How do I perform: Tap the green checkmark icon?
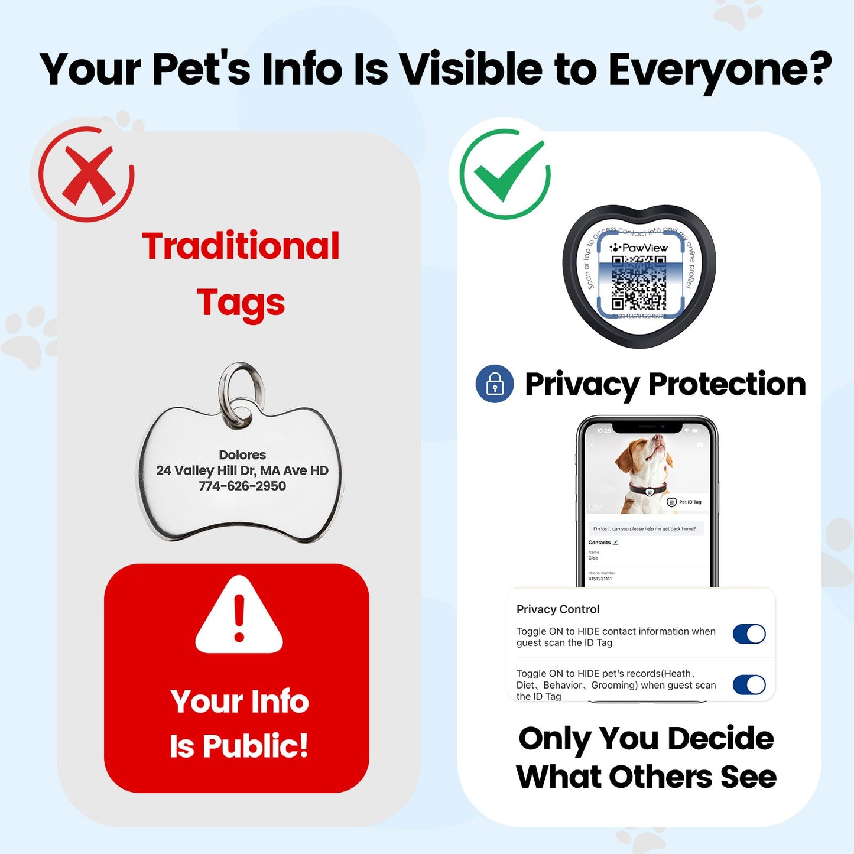pos(505,174)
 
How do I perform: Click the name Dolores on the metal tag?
pos(242,455)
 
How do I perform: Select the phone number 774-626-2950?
pos(242,486)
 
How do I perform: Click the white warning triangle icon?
pos(239,616)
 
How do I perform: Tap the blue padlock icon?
pos(495,384)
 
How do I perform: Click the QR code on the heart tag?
pos(639,283)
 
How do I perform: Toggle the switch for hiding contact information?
pos(749,634)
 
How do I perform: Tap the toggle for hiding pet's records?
pos(749,685)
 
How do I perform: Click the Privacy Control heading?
pos(558,609)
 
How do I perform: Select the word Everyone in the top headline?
pos(719,70)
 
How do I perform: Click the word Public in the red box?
pos(255,746)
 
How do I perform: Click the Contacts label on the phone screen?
pos(599,543)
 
